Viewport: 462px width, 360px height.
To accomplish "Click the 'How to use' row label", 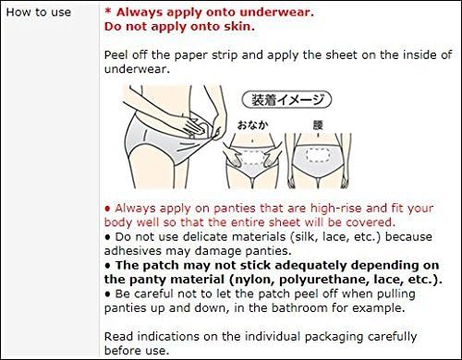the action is click(x=39, y=12).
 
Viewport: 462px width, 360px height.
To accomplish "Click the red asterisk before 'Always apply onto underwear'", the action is click(x=108, y=11).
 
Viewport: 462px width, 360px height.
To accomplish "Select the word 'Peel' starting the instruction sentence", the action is click(x=115, y=55).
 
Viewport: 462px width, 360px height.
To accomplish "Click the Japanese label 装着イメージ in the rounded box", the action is click(x=287, y=100).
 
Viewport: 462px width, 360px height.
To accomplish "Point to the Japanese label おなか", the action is click(x=252, y=125).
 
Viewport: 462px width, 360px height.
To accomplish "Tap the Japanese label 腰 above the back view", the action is click(x=318, y=125).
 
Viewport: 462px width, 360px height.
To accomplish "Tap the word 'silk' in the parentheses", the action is click(x=306, y=237).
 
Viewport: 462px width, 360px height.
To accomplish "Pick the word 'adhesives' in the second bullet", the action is click(x=132, y=251).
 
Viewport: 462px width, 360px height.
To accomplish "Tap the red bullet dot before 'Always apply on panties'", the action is click(x=107, y=209).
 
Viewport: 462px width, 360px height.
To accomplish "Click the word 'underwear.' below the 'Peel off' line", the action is click(x=137, y=69).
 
